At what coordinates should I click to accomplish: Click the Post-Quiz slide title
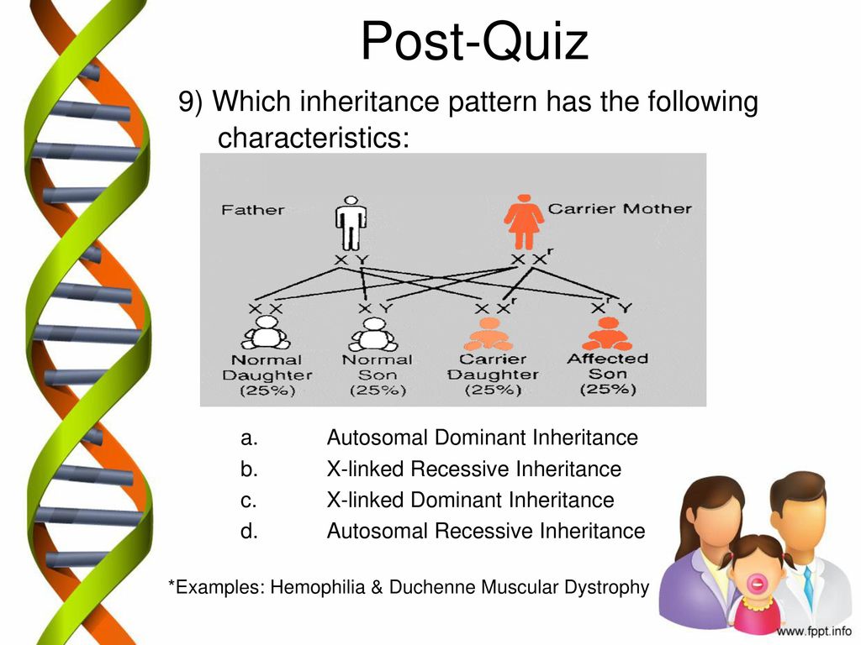tap(474, 41)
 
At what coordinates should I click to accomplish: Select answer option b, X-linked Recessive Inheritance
tap(474, 469)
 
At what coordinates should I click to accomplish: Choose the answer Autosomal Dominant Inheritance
tap(482, 438)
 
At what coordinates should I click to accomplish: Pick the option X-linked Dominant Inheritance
tap(471, 500)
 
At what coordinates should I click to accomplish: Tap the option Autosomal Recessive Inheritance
tap(486, 531)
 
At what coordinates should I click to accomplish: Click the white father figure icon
tap(351, 223)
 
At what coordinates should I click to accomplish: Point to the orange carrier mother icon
tap(524, 222)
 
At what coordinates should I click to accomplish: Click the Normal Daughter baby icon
tap(266, 333)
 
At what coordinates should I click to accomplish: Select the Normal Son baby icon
tap(374, 334)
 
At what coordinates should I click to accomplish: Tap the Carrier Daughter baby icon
tap(489, 334)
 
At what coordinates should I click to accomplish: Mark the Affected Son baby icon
tap(607, 333)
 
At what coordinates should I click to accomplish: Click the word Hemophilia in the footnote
tap(318, 587)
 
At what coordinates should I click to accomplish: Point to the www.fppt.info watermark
tap(814, 632)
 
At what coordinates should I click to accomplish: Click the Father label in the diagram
tap(252, 210)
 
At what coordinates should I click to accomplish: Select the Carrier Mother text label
tap(620, 209)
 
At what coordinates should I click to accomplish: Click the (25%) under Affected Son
tap(608, 389)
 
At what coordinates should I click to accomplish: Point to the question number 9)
tap(191, 102)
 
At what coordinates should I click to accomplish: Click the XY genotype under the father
tap(351, 260)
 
